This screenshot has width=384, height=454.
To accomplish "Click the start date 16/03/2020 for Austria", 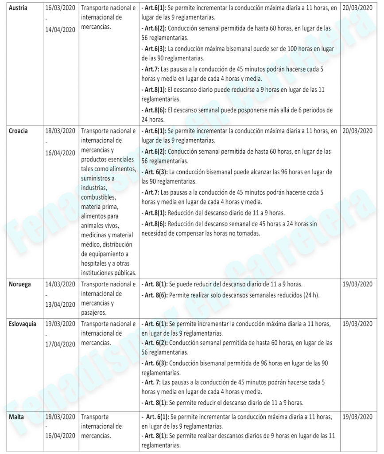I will (60, 8).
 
